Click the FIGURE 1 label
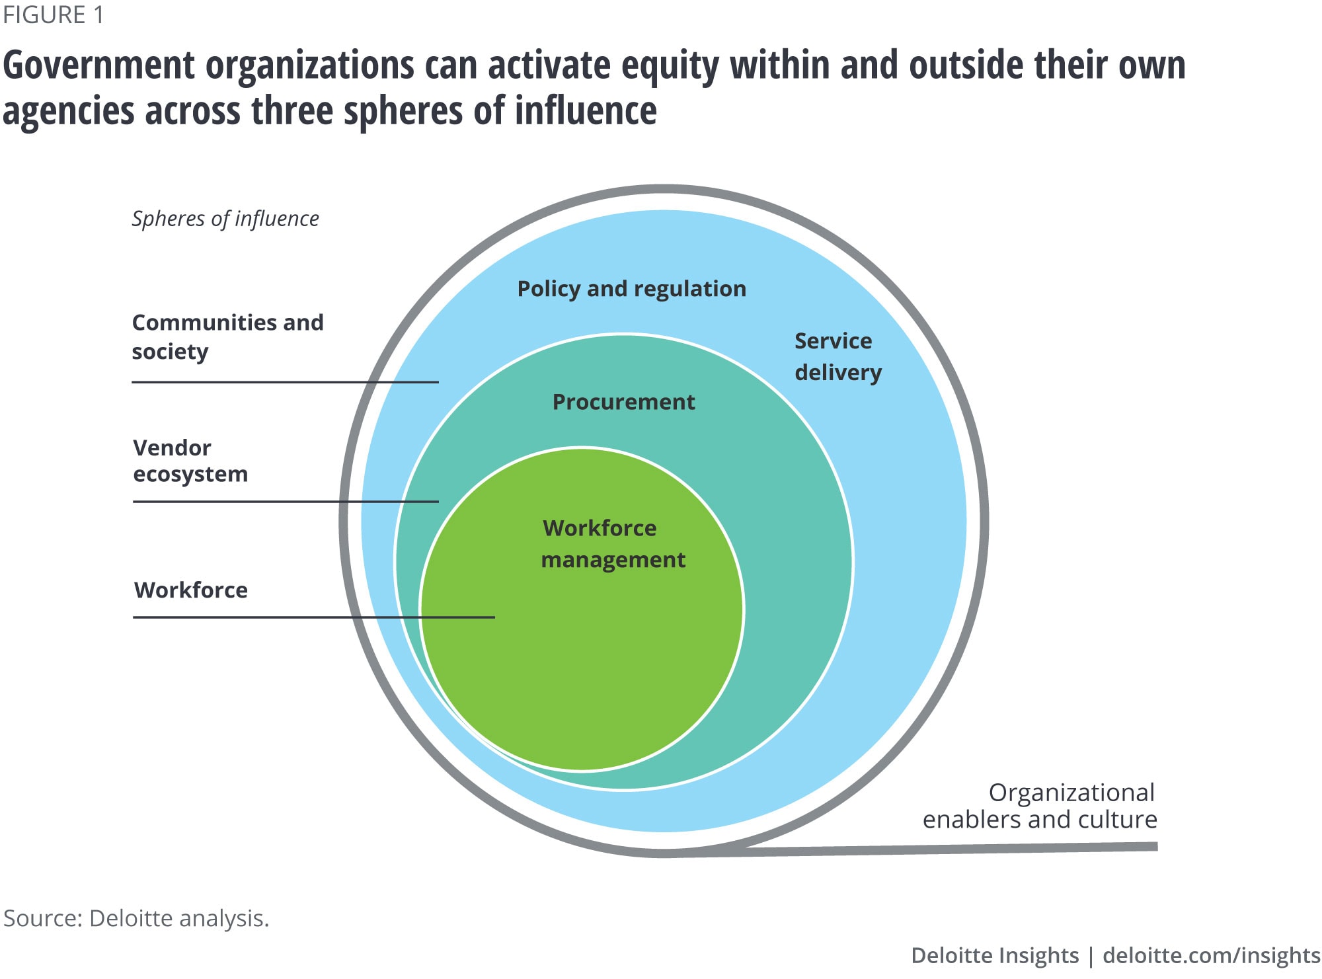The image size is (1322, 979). point(53,15)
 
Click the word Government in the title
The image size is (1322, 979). point(99,66)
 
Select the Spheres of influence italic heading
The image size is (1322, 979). point(225,219)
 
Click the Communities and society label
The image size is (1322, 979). point(227,336)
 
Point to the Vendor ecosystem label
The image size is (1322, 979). point(190,461)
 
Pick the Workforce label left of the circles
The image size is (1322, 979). point(191,590)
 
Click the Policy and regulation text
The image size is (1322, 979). point(631,289)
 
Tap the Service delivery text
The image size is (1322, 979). point(837,356)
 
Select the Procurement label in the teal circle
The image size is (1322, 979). point(623,402)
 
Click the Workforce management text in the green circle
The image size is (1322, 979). point(613,544)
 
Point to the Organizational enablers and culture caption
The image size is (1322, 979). point(1040,806)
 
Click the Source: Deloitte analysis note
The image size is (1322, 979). point(136,918)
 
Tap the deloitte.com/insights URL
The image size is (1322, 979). point(1211,955)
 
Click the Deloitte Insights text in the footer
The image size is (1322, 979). point(994,955)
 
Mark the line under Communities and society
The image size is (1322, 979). point(284,382)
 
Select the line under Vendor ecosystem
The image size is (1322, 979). point(285,502)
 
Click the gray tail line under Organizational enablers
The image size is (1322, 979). point(958,849)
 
